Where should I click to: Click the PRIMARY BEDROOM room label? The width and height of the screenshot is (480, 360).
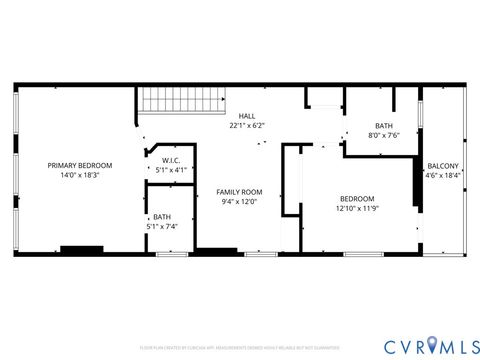[80, 165]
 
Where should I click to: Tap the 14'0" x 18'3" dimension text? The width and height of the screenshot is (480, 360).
[80, 175]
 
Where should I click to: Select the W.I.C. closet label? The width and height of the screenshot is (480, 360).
[171, 160]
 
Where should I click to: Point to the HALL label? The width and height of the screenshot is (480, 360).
[246, 116]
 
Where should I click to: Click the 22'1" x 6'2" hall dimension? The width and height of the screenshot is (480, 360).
[246, 126]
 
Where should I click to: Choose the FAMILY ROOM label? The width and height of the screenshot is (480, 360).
[239, 191]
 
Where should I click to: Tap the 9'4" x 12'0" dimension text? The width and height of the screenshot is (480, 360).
[239, 201]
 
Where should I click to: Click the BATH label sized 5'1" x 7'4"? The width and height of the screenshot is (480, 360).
[161, 217]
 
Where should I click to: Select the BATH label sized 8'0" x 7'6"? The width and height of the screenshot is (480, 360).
[384, 126]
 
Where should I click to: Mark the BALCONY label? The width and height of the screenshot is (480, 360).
[443, 166]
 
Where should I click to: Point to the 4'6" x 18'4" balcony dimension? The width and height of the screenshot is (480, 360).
[443, 176]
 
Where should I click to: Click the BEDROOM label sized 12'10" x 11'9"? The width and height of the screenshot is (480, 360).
[357, 198]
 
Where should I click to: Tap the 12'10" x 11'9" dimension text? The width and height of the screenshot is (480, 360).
[357, 208]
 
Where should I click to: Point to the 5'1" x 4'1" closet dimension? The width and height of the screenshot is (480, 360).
[171, 170]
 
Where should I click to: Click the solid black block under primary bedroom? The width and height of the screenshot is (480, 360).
[81, 249]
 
